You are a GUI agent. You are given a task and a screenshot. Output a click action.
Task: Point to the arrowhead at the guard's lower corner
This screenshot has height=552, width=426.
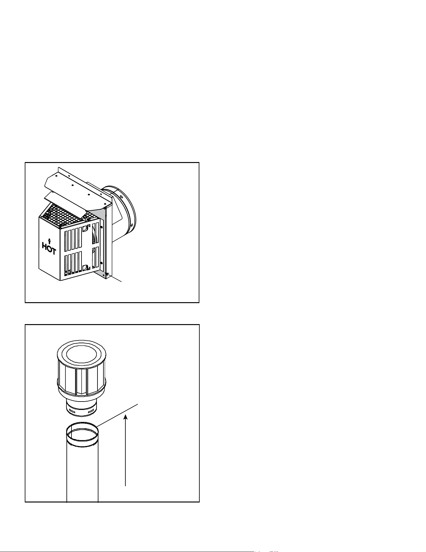(107, 275)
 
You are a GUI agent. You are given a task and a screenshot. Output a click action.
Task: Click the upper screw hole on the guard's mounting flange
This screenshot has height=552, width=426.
(102, 226)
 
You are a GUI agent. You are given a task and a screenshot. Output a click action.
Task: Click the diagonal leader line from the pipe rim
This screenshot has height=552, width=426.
(117, 416)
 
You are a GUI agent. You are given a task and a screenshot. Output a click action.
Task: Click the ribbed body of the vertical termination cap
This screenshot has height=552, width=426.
(82, 379)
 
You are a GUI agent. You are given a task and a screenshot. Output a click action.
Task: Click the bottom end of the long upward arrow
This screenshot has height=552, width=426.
(125, 486)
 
